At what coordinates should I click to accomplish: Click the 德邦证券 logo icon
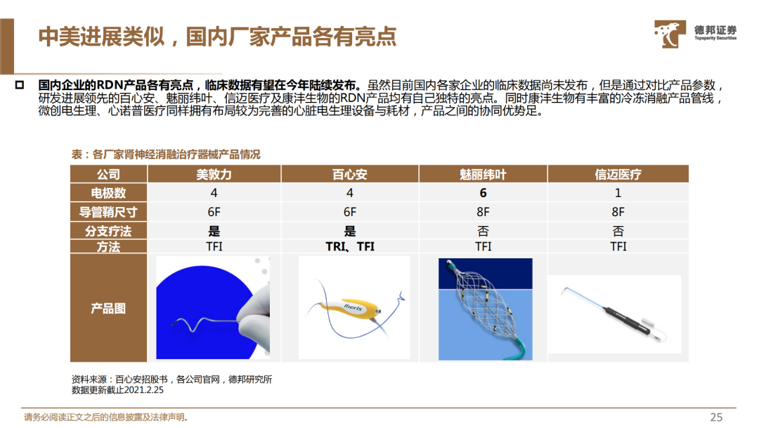tap(670, 34)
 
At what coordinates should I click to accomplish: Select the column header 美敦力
tap(214, 175)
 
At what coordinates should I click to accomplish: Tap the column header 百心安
tap(349, 175)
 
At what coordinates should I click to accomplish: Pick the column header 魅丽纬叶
tap(483, 175)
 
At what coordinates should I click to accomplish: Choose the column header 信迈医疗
tap(618, 175)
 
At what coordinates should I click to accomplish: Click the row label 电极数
tap(108, 193)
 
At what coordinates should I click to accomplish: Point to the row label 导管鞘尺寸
tap(108, 212)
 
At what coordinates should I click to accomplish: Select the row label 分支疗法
tap(108, 231)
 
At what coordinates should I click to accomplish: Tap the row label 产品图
tap(108, 308)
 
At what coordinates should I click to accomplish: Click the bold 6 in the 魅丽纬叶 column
tap(483, 193)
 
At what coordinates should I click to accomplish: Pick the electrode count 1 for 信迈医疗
tap(618, 193)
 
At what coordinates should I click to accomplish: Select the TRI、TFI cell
tap(350, 246)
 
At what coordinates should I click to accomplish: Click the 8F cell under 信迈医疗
tap(618, 212)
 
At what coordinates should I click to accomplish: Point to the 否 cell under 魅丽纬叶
tap(483, 231)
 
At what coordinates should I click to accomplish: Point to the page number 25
tap(716, 417)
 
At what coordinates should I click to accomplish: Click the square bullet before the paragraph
tap(20, 85)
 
